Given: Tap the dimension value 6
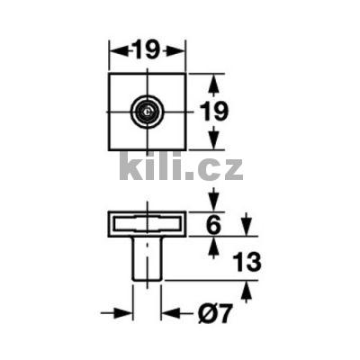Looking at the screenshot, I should click(x=213, y=225).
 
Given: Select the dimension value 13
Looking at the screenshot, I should click(x=246, y=262).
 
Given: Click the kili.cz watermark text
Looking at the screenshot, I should click(x=181, y=166).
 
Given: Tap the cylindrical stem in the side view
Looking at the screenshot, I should click(x=145, y=257).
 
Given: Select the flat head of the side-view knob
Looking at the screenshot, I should click(x=145, y=222).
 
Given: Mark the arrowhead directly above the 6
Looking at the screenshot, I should click(x=213, y=205).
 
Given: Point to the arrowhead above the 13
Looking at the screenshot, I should click(x=247, y=222).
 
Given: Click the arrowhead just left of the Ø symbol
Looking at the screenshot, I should click(x=170, y=314).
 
